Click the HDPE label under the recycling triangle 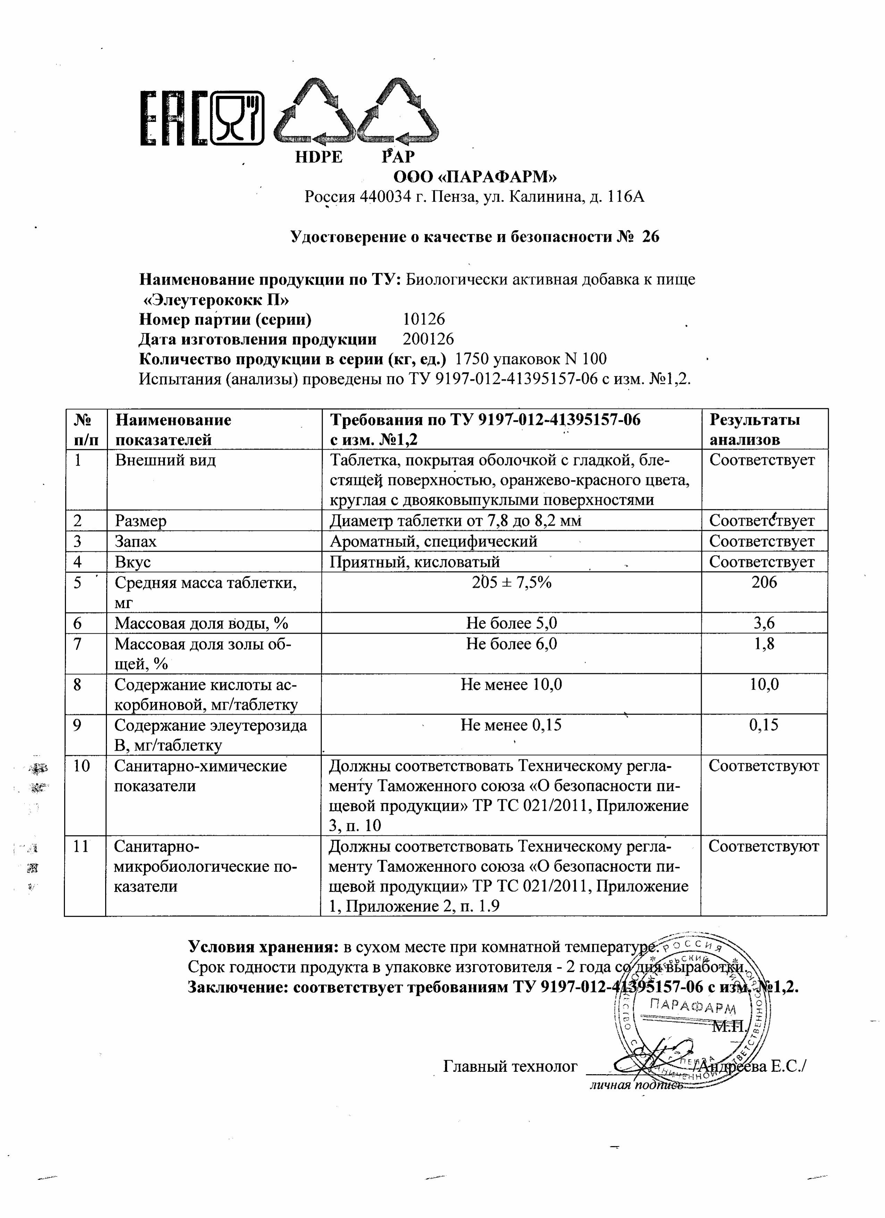click(x=319, y=157)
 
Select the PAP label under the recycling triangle click(x=398, y=157)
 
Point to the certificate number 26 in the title click(x=650, y=237)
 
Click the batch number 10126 click(x=424, y=319)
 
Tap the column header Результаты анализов click(x=754, y=429)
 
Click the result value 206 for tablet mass click(x=764, y=583)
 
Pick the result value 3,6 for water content click(x=764, y=624)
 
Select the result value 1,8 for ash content click(x=764, y=644)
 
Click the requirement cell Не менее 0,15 click(x=511, y=726)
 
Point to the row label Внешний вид click(x=165, y=460)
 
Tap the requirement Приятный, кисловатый click(x=415, y=562)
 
